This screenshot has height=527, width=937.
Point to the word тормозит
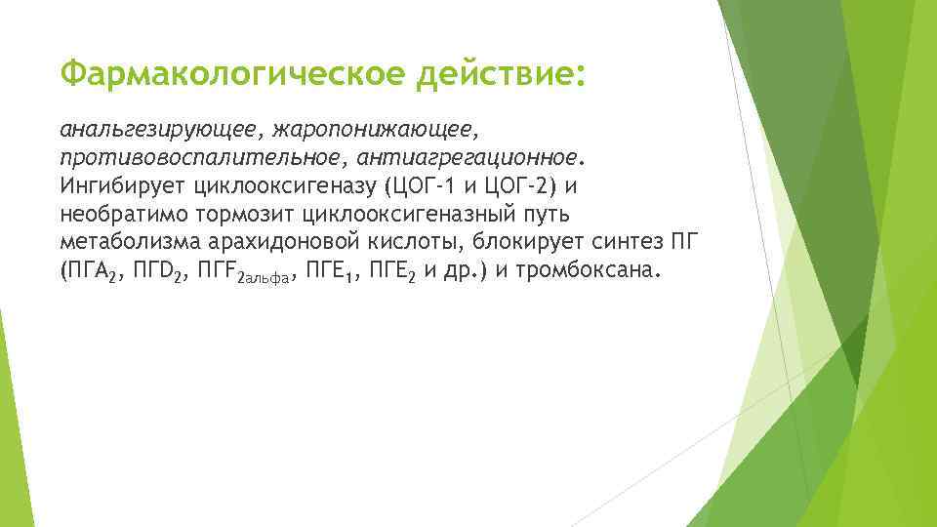[x=244, y=214]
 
